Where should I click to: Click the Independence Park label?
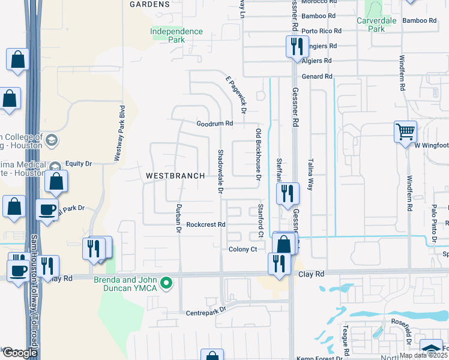pos(176,35)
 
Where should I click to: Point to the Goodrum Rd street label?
pos(214,124)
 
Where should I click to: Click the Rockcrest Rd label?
pos(205,224)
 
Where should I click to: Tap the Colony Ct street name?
pos(243,249)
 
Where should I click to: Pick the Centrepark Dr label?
pos(205,310)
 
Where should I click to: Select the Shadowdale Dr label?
pos(220,172)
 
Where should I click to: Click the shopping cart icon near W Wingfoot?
pos(405,131)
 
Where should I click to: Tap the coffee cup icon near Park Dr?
pos(47,209)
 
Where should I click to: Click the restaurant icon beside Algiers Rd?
pos(296,46)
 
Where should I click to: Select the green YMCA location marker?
pos(169,281)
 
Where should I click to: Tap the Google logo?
pos(20,353)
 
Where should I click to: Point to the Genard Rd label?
pos(317,76)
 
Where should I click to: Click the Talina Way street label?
pos(310,174)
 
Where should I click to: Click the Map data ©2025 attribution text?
pos(423,355)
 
